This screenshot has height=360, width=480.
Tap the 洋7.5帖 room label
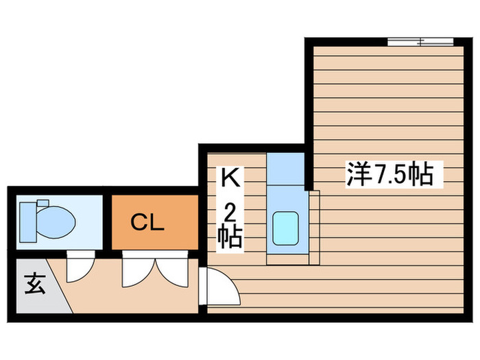(x=390, y=175)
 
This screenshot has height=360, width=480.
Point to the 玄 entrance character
(x=35, y=284)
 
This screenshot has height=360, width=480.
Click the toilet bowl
(x=56, y=222)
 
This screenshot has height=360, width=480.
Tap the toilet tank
(x=28, y=222)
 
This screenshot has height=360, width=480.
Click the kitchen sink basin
(x=286, y=228)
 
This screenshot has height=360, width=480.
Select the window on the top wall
(x=420, y=42)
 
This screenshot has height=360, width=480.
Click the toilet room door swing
(x=80, y=267)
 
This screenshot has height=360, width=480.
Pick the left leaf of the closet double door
(x=139, y=269)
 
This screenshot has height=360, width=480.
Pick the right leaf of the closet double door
(x=171, y=269)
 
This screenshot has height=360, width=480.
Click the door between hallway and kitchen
(x=219, y=286)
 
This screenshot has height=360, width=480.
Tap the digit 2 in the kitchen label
(x=230, y=213)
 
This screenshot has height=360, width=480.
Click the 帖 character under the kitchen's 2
(x=230, y=237)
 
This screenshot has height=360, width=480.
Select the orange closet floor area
(x=155, y=222)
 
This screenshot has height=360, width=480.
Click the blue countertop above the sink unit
(x=285, y=169)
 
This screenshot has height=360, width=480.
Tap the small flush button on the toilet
(x=43, y=203)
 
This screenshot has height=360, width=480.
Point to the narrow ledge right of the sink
(x=314, y=227)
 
